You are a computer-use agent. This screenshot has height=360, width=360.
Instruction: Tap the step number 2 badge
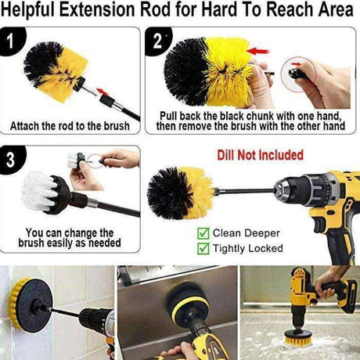click(158, 41)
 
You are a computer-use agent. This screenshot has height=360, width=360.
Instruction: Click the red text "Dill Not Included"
click(261, 155)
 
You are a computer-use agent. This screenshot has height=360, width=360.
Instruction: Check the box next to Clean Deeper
click(203, 233)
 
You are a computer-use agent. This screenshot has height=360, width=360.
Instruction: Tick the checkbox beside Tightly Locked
click(203, 248)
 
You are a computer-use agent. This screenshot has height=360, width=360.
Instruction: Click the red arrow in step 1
click(103, 92)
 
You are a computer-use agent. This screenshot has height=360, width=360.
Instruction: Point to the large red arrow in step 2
click(257, 51)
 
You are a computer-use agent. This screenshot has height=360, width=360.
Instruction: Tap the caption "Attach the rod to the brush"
click(70, 126)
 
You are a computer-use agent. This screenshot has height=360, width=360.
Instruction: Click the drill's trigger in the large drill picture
click(319, 225)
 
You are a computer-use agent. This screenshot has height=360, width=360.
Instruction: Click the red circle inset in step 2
click(299, 74)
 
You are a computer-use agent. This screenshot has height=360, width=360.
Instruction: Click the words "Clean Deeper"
click(246, 233)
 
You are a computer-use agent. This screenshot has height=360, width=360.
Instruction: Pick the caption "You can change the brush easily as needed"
click(70, 238)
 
